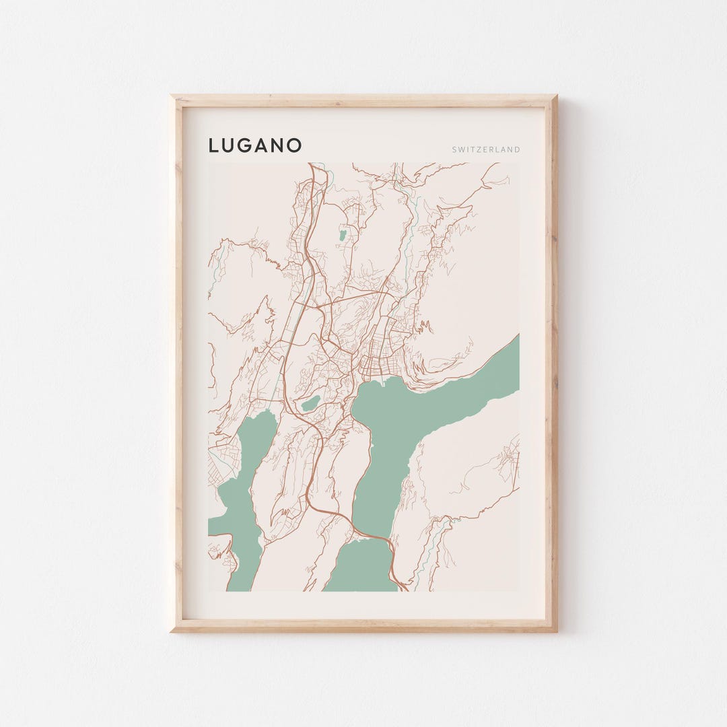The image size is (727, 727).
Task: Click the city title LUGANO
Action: (254, 145)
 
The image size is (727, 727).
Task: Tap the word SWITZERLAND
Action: (486, 149)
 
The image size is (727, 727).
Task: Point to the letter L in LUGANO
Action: (213, 145)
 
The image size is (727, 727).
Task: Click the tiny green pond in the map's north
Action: (344, 234)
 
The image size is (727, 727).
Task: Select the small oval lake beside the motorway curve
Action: (310, 403)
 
